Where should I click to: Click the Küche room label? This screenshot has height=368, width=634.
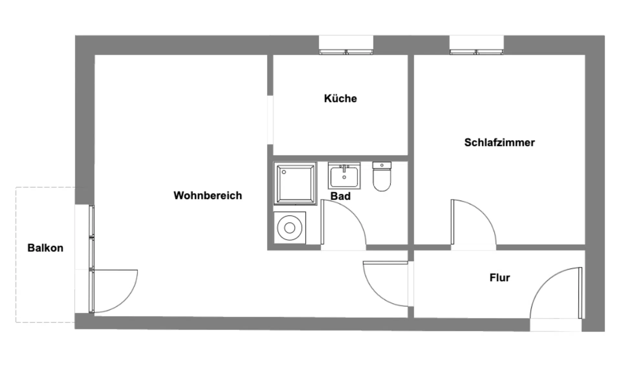pos(340,98)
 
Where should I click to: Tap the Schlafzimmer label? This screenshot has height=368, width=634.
pos(499,142)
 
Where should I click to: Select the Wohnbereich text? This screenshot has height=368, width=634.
pos(208,195)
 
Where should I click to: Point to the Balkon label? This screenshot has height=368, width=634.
pos(45,248)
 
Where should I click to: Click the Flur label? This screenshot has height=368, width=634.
pos(499,277)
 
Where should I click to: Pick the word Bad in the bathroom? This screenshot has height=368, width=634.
pos(340,196)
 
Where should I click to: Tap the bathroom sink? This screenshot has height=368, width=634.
pos(344,176)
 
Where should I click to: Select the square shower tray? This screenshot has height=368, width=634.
pos(295,184)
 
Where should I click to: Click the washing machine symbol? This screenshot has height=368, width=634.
pos(290,228)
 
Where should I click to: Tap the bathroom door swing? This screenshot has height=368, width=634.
pos(343,223)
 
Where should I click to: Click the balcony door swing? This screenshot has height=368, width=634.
pos(115,291)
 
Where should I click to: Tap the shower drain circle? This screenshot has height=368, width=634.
pos(284,172)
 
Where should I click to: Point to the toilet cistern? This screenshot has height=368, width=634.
pos(382,165)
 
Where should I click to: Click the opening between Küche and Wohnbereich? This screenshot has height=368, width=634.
pos(270,120)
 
